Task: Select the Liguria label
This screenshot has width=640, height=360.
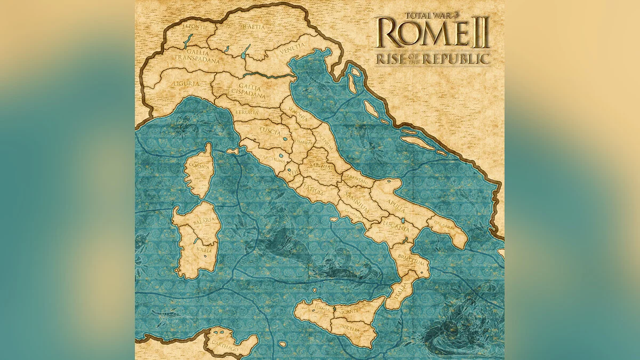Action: (186, 84)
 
